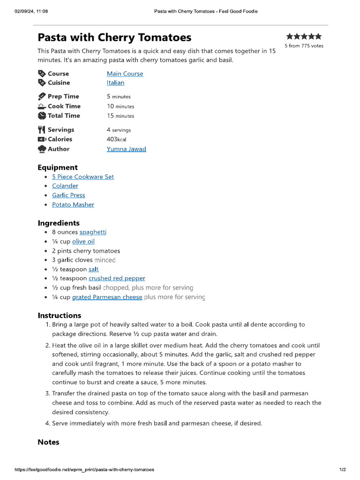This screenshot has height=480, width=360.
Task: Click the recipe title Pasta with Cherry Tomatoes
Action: (114, 37)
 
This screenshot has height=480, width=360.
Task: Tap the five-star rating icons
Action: (304, 36)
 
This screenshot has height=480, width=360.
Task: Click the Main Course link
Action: (125, 74)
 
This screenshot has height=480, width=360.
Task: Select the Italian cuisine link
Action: (115, 82)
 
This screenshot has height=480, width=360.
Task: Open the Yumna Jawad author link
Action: (126, 149)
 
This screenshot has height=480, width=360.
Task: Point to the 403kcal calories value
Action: (116, 139)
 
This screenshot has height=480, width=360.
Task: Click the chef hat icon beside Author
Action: (42, 149)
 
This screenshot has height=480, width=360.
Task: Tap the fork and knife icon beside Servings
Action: (42, 130)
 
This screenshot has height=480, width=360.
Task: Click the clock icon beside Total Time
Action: (42, 116)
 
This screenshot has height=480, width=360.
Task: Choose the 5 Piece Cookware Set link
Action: (82, 177)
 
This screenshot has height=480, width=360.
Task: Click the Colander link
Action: (65, 186)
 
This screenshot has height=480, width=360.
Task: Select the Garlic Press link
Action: (68, 195)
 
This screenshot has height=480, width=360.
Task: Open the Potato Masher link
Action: (73, 204)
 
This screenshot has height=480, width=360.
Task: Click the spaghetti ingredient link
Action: (93, 232)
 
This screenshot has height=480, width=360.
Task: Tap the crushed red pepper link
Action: (117, 278)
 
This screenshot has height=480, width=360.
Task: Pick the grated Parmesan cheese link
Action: (107, 297)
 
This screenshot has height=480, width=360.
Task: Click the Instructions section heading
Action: (60, 315)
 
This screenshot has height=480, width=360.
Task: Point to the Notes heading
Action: (48, 442)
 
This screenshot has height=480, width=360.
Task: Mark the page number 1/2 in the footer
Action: (342, 469)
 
